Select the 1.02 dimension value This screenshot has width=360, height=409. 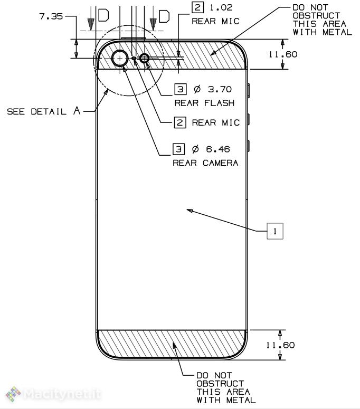221,8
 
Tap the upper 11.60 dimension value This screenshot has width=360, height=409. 282,54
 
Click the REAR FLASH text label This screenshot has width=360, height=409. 204,102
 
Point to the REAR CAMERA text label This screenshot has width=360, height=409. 206,163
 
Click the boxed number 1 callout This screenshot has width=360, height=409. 275,231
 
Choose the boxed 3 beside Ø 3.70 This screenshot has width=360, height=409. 181,89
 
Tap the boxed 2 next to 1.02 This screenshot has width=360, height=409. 197,8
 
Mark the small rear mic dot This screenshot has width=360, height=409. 134,58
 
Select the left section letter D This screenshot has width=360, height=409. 103,16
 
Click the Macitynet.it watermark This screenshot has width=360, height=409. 53,394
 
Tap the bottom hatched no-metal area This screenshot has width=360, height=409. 173,344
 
